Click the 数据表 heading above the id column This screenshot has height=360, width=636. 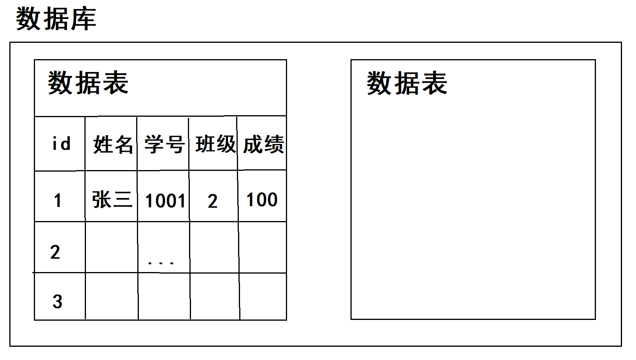coord(88,83)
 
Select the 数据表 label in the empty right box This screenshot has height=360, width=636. coord(407,83)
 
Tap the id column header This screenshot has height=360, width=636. coord(61,144)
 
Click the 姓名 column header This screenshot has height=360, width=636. coord(113,144)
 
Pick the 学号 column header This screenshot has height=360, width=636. coord(164,144)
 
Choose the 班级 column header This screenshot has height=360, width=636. coord(215,144)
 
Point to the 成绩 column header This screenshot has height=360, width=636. coord(263,144)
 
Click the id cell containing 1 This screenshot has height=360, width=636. coord(58,201)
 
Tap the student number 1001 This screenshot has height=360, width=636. coord(165,201)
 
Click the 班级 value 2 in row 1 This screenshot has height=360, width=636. coord(212,201)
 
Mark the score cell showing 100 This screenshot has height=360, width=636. coord(262,200)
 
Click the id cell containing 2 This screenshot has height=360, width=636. coord(55,252)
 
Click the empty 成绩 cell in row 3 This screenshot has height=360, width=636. coord(263,297)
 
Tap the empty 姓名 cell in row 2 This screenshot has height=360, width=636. coord(112,247)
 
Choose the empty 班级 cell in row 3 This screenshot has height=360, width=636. coord(215,297)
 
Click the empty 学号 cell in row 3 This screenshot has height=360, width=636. coord(164,297)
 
